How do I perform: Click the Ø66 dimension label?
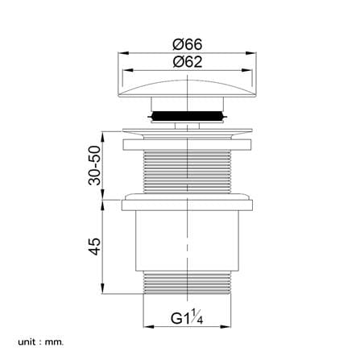point(187,44)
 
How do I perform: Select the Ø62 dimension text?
point(187,62)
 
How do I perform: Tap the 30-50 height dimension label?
point(95,165)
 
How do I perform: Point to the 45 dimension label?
point(95,246)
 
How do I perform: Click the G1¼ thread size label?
point(187,317)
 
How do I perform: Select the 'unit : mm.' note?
point(41,342)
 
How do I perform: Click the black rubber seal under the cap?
point(188,116)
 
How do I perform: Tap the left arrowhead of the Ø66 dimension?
point(122,53)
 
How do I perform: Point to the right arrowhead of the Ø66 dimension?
point(252,53)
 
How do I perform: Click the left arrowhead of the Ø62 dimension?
point(127,70)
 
